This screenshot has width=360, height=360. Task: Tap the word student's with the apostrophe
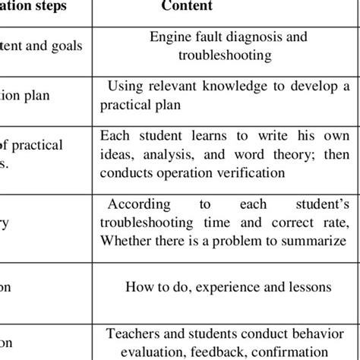pos(321,205)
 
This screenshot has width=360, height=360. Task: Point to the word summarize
pos(322,240)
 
